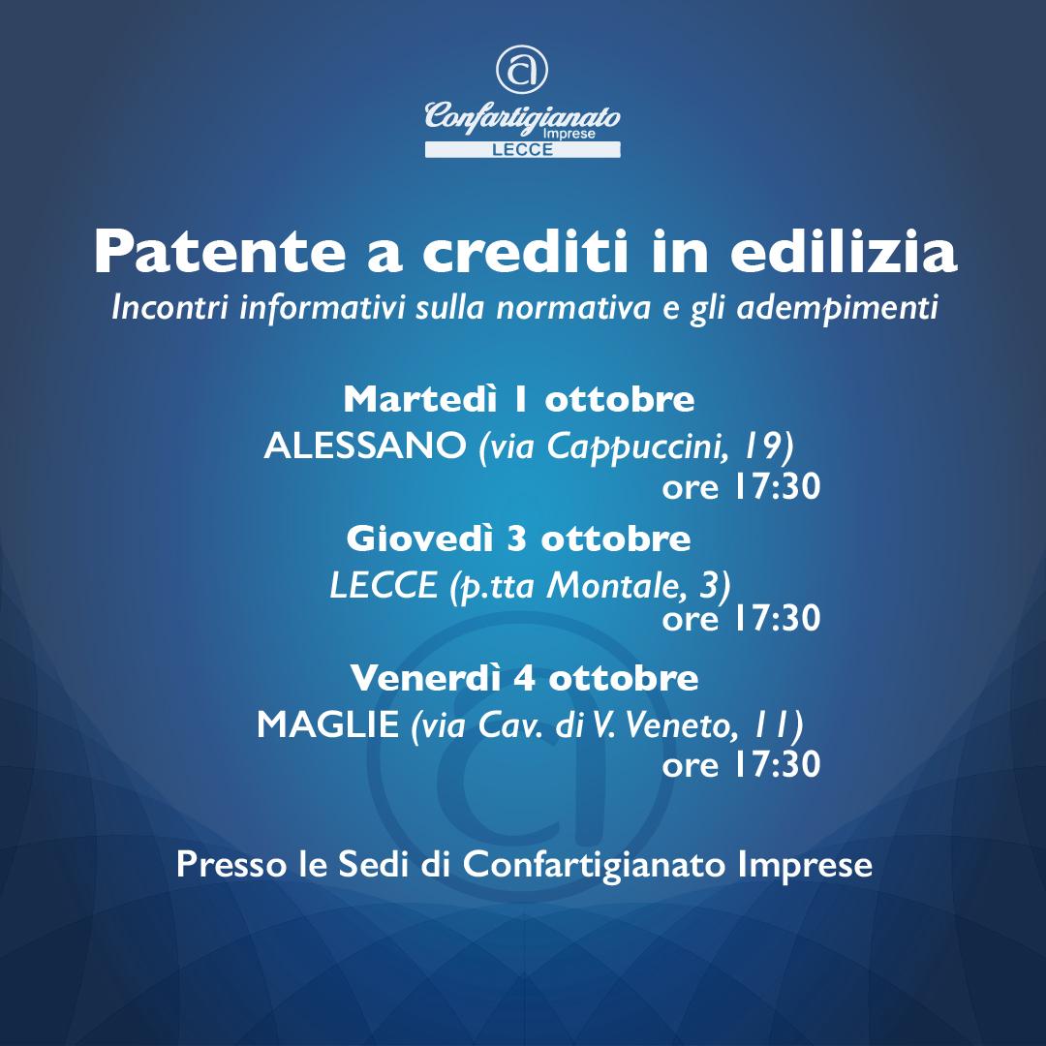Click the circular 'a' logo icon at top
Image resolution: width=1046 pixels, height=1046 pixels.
(x=522, y=70)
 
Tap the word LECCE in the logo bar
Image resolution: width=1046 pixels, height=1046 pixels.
(x=522, y=150)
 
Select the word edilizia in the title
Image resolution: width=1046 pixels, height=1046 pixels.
(x=844, y=251)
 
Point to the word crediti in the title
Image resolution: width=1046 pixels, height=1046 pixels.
(x=526, y=251)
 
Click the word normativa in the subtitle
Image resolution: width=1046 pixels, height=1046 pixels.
(x=573, y=308)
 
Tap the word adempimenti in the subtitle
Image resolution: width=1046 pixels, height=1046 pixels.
(x=837, y=309)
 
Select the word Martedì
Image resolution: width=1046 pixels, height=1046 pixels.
(x=420, y=399)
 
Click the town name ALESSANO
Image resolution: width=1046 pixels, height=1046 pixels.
(x=365, y=445)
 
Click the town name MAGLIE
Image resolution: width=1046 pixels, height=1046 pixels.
(x=327, y=724)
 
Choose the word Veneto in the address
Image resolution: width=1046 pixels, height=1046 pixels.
(x=676, y=725)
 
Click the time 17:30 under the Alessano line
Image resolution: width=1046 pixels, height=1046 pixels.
(x=777, y=487)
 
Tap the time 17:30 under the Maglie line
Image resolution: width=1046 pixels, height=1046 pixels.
(x=777, y=764)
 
